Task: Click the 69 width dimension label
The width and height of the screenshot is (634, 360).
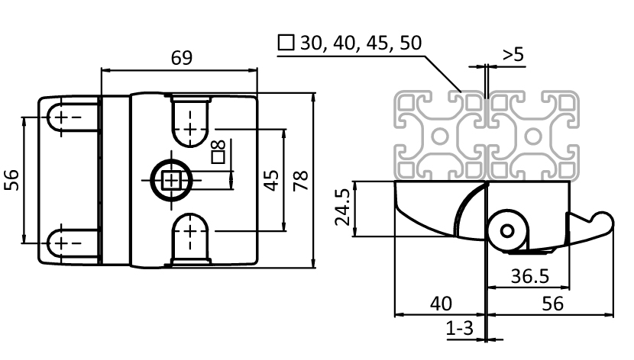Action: [181, 58]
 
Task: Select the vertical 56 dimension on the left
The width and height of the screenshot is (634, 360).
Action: [12, 180]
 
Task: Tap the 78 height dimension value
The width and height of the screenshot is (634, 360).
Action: [300, 180]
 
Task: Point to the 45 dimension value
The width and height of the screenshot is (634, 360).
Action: [270, 180]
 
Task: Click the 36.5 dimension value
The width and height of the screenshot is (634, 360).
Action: [527, 275]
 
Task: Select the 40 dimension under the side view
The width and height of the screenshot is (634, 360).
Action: [440, 303]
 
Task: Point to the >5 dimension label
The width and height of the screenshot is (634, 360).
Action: [513, 55]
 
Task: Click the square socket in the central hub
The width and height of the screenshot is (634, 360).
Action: [170, 181]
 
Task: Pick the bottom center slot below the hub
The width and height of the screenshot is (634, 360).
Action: [189, 237]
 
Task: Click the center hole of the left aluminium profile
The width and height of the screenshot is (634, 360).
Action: [441, 135]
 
